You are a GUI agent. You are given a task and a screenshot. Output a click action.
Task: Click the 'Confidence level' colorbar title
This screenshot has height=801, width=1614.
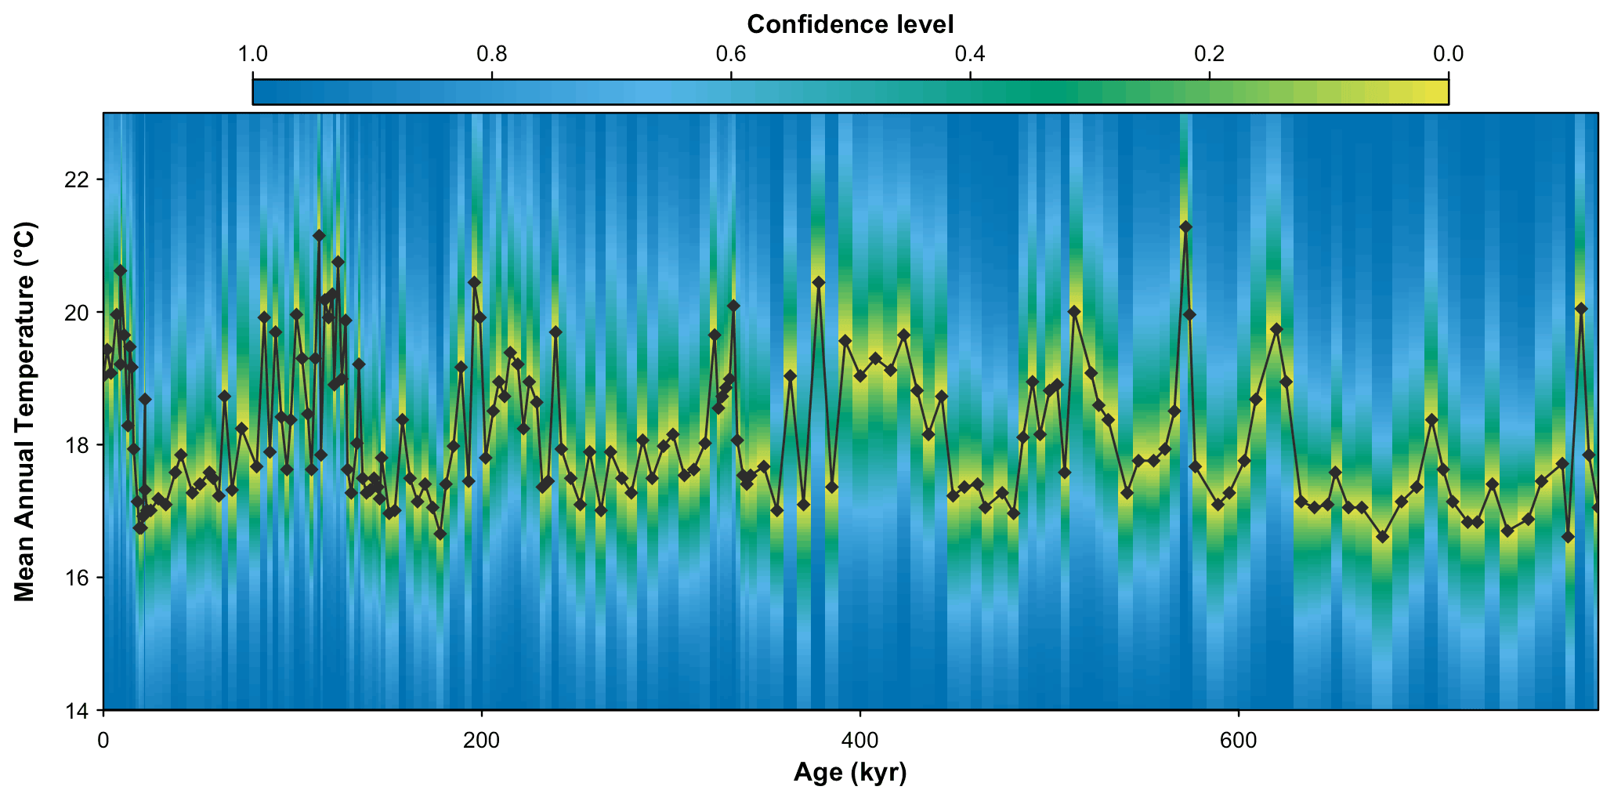click(850, 24)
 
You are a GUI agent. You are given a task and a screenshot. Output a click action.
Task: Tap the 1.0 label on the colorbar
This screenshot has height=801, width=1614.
click(252, 54)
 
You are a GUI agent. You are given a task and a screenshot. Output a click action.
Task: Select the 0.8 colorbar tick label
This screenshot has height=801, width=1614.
click(491, 54)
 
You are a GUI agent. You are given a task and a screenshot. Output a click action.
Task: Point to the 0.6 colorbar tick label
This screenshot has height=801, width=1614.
click(731, 54)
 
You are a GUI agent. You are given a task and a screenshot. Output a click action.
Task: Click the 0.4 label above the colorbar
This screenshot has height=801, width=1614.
click(970, 54)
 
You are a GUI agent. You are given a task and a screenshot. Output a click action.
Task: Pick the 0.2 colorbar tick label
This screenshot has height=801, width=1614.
click(1210, 54)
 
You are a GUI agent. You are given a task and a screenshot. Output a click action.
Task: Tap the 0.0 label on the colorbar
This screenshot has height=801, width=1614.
click(1449, 54)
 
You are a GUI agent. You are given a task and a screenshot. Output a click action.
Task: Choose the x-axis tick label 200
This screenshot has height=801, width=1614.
click(481, 740)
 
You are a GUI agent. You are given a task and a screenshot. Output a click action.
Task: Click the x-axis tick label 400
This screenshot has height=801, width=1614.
click(859, 740)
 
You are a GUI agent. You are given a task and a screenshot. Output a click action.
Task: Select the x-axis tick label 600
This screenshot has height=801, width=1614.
click(1238, 740)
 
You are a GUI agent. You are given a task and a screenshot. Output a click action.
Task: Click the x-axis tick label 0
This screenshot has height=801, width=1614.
click(103, 740)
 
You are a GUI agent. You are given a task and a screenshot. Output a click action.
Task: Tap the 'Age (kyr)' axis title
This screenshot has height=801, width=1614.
click(850, 774)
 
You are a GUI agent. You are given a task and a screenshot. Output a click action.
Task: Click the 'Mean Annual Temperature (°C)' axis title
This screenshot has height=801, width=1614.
click(25, 411)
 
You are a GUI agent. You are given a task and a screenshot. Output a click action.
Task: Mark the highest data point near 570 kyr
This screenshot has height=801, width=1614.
click(1185, 227)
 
